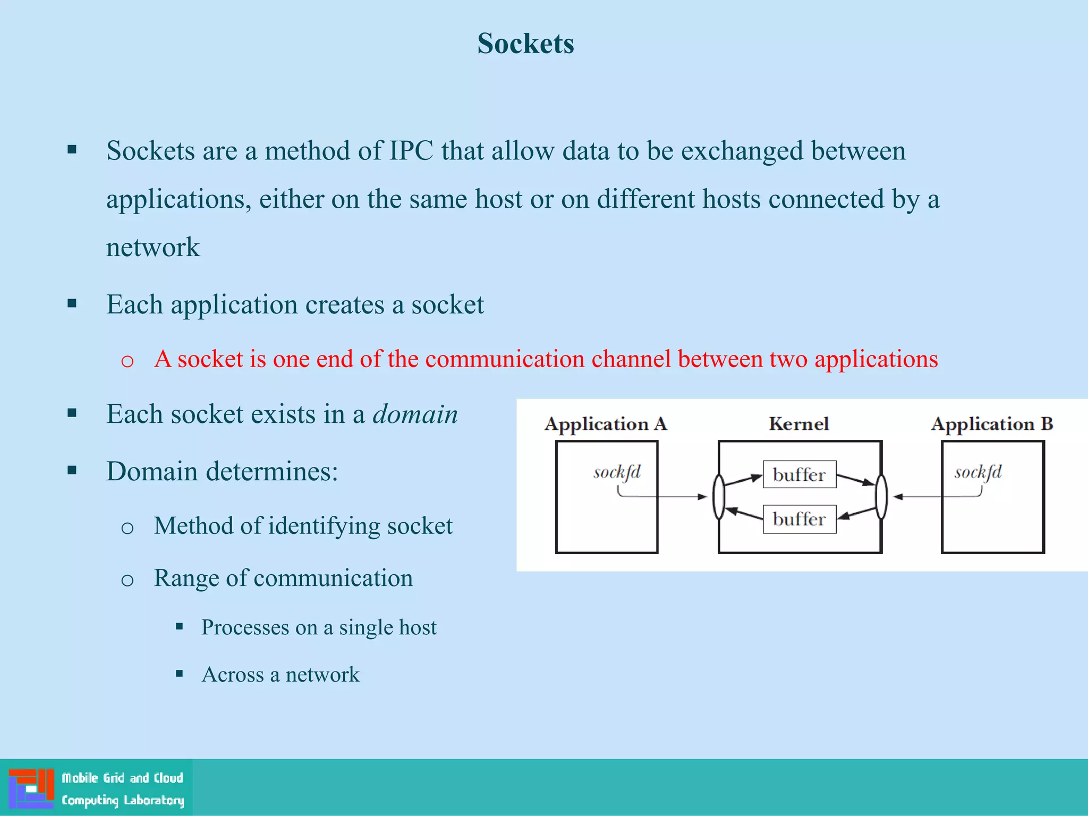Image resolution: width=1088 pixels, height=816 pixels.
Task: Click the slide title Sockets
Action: pyautogui.click(x=525, y=44)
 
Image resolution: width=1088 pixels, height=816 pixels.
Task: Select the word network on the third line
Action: pyautogui.click(x=153, y=248)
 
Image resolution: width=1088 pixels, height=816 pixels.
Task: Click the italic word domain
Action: pyautogui.click(x=415, y=414)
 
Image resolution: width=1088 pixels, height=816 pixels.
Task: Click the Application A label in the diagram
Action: pyautogui.click(x=606, y=424)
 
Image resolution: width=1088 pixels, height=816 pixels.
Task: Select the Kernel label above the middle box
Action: pyautogui.click(x=798, y=424)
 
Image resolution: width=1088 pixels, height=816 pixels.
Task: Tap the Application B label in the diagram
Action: pyautogui.click(x=992, y=424)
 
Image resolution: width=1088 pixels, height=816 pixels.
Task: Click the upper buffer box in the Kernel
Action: pyautogui.click(x=799, y=474)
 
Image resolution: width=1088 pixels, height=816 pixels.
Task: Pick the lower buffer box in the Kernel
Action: pyautogui.click(x=799, y=519)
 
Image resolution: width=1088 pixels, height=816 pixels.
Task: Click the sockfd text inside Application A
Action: pyautogui.click(x=617, y=472)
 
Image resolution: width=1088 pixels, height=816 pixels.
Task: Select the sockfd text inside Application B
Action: pyautogui.click(x=978, y=472)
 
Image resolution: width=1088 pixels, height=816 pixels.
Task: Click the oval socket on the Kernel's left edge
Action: pyautogui.click(x=718, y=497)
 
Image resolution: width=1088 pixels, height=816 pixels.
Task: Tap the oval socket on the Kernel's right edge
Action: pyautogui.click(x=881, y=497)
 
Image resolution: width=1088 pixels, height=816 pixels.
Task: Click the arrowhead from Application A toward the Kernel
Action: pyautogui.click(x=702, y=497)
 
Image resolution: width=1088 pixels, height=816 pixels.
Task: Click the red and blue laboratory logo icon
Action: pyautogui.click(x=31, y=788)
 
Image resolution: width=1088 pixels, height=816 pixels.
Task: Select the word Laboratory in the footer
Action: pyautogui.click(x=154, y=800)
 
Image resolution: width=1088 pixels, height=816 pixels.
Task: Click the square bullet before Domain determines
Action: pyautogui.click(x=72, y=470)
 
